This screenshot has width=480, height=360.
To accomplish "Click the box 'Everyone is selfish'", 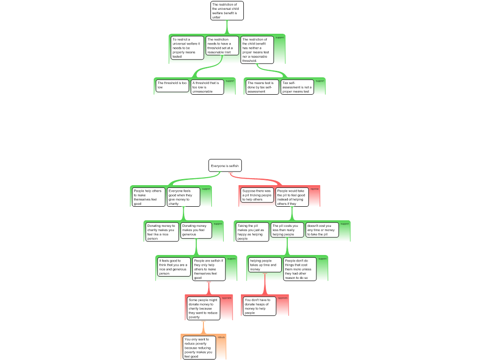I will pyautogui.click(x=225, y=165).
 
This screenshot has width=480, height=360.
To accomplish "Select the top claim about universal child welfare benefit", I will pyautogui.click(x=227, y=11).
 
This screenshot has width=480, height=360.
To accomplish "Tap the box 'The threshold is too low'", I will pyautogui.click(x=172, y=85).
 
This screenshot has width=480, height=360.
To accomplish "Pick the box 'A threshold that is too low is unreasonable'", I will pyautogui.click(x=207, y=87).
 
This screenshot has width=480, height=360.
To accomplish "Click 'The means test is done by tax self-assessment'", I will pyautogui.click(x=262, y=87).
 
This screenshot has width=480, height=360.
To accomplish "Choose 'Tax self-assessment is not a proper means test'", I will pyautogui.click(x=297, y=87).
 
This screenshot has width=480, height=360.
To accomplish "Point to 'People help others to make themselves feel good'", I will pyautogui.click(x=148, y=197).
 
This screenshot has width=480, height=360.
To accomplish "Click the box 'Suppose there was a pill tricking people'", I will pyautogui.click(x=257, y=195).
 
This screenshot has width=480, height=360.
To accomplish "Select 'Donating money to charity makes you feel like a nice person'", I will pyautogui.click(x=162, y=232).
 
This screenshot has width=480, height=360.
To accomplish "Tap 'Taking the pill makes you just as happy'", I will pyautogui.click(x=252, y=232).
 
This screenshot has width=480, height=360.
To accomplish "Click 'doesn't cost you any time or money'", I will pyautogui.click(x=322, y=230).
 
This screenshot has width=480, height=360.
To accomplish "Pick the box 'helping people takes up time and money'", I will pyautogui.click(x=264, y=265).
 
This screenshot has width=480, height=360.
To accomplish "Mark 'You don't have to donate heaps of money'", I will pyautogui.click(x=259, y=306).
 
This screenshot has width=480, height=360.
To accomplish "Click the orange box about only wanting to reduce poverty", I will pyautogui.click(x=199, y=347).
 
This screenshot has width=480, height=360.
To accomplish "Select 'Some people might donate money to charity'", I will pyautogui.click(x=203, y=307).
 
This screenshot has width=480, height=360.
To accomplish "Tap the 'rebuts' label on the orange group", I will pyautogui.click(x=221, y=337).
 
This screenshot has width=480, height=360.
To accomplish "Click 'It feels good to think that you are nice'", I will pyautogui.click(x=173, y=267).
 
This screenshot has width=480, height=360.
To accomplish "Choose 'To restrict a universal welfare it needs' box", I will pyautogui.click(x=187, y=48).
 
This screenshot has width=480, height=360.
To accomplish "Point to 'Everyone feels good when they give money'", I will pyautogui.click(x=183, y=197).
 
